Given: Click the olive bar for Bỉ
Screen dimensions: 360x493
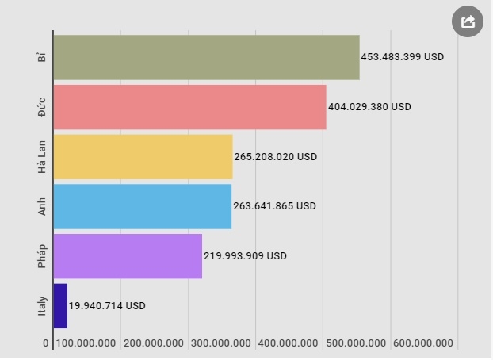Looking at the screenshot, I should tap(206, 57).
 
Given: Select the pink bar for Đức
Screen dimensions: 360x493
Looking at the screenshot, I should tap(189, 107).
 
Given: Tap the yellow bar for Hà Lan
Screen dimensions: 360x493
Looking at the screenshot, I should tap(143, 157).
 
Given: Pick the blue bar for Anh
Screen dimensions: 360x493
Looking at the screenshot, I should tap(142, 206).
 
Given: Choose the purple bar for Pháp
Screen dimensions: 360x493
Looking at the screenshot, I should tap(128, 256).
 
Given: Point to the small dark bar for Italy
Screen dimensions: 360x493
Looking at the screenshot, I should tap(60, 306).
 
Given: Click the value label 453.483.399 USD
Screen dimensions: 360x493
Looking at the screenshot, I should tap(403, 57).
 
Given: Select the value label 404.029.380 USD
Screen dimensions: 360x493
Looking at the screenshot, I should tap(369, 107).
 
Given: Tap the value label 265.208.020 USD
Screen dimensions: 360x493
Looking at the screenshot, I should tap(276, 157).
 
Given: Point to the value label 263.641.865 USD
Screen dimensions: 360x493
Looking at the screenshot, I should tap(274, 206).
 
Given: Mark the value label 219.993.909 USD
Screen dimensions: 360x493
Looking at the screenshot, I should tap(245, 256).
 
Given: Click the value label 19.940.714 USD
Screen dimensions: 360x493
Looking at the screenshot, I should tap(107, 306).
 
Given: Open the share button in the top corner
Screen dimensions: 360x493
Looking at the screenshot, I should tap(468, 21).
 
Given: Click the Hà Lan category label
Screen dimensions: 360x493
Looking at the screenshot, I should tap(42, 157).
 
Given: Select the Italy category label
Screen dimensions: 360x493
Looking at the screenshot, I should tap(42, 306).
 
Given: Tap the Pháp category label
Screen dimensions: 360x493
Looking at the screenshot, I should tap(42, 256).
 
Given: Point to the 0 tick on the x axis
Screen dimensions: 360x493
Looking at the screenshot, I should tap(46, 343).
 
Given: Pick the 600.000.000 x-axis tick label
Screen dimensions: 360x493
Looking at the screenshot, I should tap(423, 343).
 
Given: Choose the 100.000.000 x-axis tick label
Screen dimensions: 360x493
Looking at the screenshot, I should tap(86, 343).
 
